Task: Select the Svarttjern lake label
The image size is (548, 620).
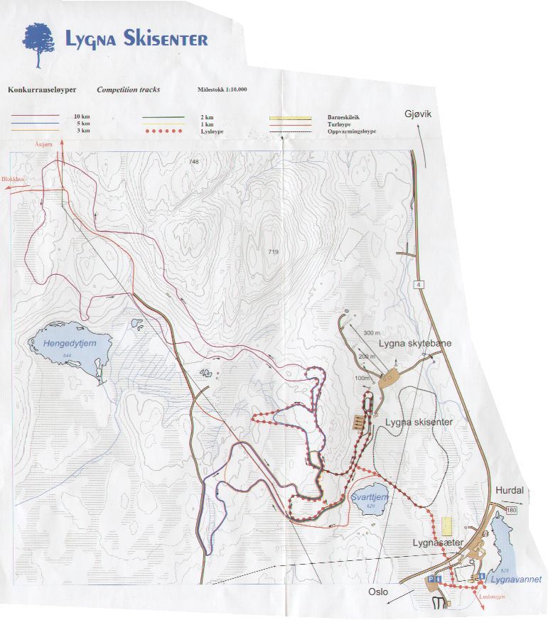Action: (x=370, y=498)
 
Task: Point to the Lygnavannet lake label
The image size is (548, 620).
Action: (x=515, y=580)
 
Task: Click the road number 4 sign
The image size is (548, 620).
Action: (x=420, y=284)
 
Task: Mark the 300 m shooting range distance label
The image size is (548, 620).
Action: (x=372, y=333)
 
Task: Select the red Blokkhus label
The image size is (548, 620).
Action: (x=13, y=180)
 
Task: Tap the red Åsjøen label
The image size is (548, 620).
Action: (x=43, y=143)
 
